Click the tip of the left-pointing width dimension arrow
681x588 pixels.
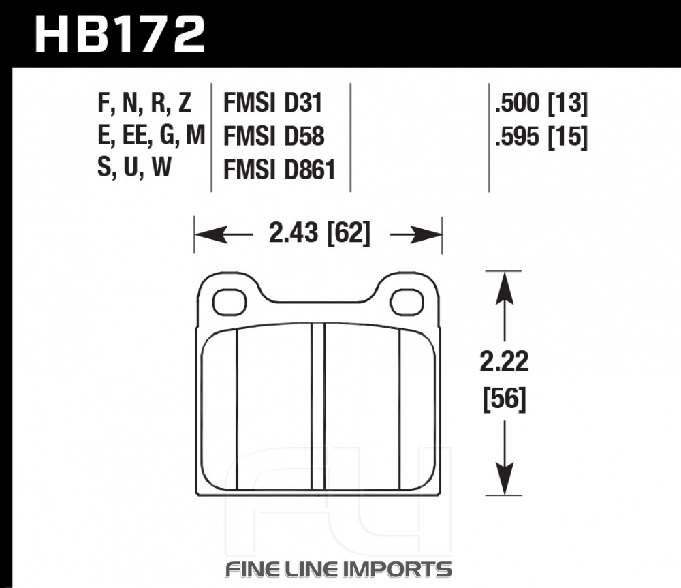click(x=195, y=234)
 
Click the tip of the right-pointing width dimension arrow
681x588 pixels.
click(x=441, y=234)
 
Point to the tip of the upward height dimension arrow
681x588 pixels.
click(x=504, y=272)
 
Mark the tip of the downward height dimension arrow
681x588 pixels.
click(x=504, y=495)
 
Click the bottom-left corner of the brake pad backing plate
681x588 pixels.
click(x=197, y=495)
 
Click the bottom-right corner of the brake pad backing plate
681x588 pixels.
click(x=440, y=495)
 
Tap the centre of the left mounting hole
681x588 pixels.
click(x=229, y=301)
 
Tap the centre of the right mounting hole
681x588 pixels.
click(x=407, y=301)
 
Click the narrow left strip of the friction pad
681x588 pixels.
click(x=220, y=409)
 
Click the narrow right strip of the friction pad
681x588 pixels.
click(x=417, y=409)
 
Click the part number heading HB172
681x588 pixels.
click(x=120, y=34)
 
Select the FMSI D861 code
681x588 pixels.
click(x=279, y=170)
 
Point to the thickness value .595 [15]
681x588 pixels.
click(x=541, y=137)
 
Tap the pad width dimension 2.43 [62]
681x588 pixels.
click(x=319, y=233)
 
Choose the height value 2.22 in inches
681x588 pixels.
click(x=504, y=362)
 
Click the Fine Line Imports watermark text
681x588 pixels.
click(x=338, y=569)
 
